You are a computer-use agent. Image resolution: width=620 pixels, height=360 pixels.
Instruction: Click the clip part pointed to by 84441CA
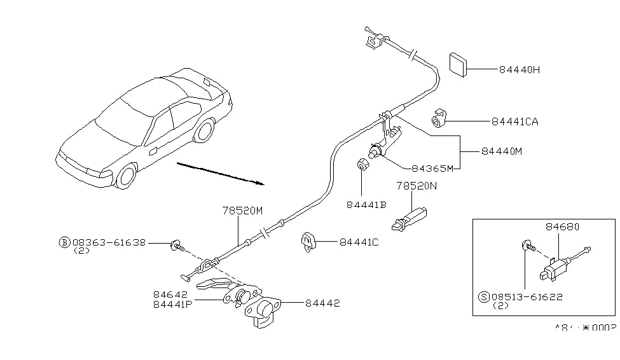[439, 119]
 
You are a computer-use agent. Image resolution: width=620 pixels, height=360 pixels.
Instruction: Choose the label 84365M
[432, 168]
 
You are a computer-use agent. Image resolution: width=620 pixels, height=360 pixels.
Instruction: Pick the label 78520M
[242, 211]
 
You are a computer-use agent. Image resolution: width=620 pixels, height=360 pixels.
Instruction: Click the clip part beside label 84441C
[308, 242]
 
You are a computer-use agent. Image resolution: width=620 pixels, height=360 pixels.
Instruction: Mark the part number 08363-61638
[109, 242]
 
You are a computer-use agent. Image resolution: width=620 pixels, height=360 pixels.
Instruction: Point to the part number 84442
[322, 303]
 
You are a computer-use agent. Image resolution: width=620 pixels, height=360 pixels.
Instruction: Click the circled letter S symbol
[484, 296]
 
